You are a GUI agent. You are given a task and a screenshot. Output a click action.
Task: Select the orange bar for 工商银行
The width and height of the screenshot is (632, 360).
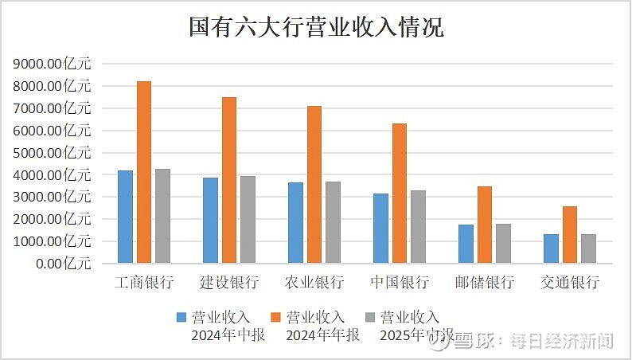point(144,171)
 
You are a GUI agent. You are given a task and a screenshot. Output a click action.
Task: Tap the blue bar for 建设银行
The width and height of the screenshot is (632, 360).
point(210,220)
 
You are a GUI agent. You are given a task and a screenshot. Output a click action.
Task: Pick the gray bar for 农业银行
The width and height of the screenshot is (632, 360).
point(333,222)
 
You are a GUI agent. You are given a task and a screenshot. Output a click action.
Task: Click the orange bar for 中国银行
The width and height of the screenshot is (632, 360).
point(400,193)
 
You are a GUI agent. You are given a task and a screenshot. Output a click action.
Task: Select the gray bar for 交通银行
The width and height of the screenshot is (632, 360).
point(588,248)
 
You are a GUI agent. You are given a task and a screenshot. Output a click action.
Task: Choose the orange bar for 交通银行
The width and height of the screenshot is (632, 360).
point(570,234)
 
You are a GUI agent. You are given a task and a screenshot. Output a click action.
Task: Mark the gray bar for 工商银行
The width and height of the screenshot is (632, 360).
point(162,216)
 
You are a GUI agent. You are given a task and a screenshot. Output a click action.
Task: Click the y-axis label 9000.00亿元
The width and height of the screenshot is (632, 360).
point(52,64)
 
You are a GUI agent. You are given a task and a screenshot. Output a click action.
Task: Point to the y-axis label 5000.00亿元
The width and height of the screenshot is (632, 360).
point(52,152)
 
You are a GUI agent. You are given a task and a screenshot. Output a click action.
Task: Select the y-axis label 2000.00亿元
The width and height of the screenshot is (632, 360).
point(52,218)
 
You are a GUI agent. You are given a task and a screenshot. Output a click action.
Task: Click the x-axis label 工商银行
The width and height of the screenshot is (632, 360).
point(144,283)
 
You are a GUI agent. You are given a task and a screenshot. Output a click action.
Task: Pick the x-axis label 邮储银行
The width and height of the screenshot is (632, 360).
point(484,283)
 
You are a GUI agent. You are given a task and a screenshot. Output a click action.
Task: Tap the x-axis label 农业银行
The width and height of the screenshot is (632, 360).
point(314,283)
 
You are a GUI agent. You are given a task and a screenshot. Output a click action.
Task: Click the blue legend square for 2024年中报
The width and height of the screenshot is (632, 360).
point(181,317)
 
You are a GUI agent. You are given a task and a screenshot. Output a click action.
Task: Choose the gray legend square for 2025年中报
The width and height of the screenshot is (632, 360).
point(370,317)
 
